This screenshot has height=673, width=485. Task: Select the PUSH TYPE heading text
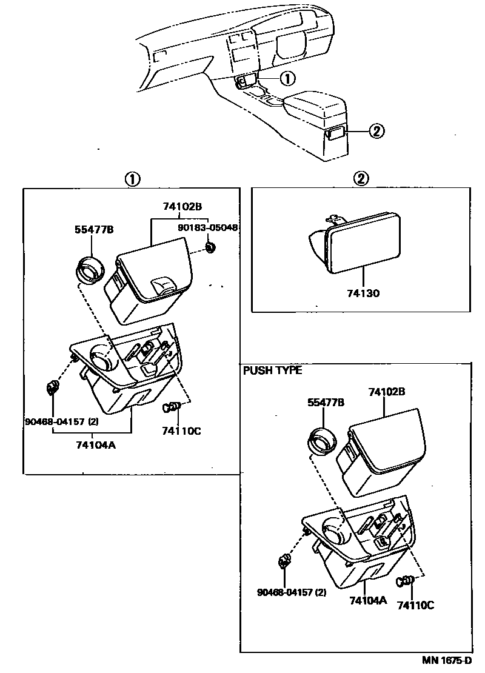coord(272,370)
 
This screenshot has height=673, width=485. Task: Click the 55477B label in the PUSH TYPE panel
coord(326,402)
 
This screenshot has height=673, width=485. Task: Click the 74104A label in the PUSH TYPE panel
coord(367,600)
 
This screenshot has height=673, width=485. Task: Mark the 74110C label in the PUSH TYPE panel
coord(416,604)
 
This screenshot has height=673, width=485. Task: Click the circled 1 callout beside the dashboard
coord(287,78)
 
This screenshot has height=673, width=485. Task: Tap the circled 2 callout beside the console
coord(376,130)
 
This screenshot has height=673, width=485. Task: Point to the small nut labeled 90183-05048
coord(212,247)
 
